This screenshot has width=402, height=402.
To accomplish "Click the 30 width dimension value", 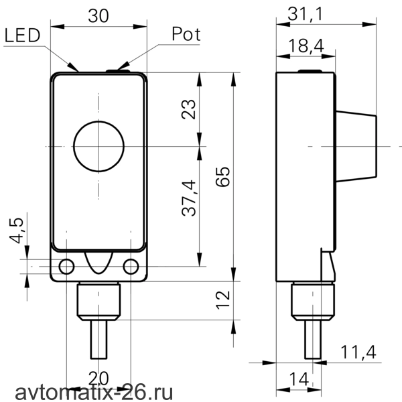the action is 98,16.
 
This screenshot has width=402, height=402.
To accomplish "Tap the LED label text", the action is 23,35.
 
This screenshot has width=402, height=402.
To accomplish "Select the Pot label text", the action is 186,34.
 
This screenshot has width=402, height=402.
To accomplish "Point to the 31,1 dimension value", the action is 305,14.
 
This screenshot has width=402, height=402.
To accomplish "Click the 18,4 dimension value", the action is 306,46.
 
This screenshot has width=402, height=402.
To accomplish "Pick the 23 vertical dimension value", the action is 188,109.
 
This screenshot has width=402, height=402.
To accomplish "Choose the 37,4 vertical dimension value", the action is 188,198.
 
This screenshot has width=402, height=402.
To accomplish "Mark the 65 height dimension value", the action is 222,177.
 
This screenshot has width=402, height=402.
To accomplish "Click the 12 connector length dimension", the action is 222,300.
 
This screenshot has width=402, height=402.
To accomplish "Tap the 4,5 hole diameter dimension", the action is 16,230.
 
